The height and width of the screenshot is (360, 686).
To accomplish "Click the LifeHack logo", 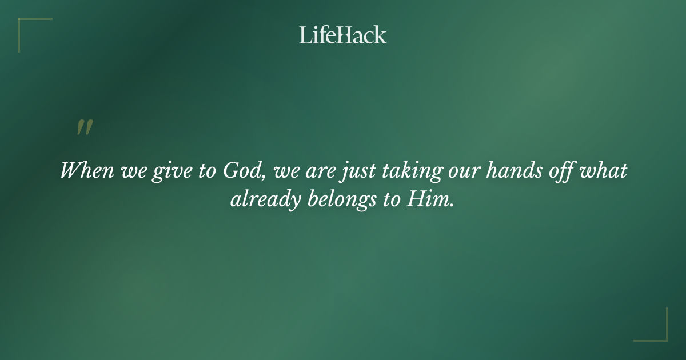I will pos(343,35).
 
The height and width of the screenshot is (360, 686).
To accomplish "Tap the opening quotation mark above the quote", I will pos(85,128).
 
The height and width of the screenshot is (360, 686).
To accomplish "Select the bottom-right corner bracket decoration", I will pos(657,331).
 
